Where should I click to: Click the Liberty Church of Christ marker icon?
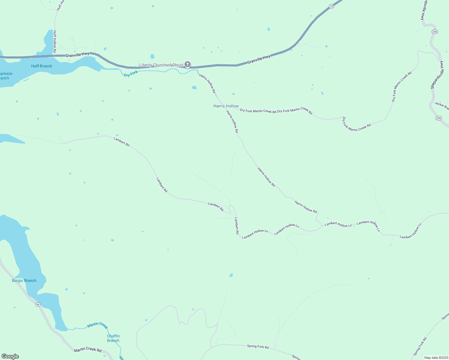coord(188,64)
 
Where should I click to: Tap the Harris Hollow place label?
coord(226,106)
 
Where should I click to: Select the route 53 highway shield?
coord(331,6)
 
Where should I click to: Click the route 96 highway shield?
coord(38,304)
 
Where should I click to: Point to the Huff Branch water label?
coord(41,66)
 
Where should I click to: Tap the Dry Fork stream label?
coord(131,73)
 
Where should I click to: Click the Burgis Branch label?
coord(24,280)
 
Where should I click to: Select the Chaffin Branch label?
coord(113,338)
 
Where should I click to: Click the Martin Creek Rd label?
coord(88,349)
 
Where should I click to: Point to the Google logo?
coord(10,356)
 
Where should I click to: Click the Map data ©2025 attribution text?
coord(436,358)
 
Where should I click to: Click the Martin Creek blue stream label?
coord(97,325)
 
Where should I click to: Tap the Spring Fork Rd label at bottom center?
coord(258,346)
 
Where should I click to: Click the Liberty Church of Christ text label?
coord(161,65)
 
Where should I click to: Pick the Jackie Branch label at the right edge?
coord(442,106)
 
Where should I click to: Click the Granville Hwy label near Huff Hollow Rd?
coord(77,54)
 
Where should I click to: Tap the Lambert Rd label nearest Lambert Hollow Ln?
coord(237,226)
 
